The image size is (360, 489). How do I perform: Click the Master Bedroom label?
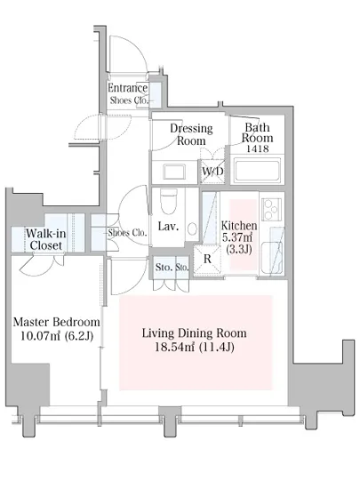pos(56,322)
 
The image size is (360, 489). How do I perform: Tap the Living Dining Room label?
pos(194,333)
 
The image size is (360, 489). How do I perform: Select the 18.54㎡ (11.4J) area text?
pos(195,347)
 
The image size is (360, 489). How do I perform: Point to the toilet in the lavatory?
pos(168,201)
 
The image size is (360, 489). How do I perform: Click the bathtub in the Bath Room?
pos(257,170)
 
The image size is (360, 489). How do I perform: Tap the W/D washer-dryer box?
pos(212,172)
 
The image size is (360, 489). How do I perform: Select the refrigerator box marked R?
pos(207,260)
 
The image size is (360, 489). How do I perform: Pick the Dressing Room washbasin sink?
pos(174,172)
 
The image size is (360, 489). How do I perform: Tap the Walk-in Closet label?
pos(46,239)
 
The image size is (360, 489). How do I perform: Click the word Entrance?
pos(127,88)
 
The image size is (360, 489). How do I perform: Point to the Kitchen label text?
pos(239,226)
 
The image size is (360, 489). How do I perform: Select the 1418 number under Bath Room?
pos(258,148)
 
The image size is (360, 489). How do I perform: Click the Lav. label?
pos(168,227)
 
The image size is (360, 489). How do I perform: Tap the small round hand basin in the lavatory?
pos(192,228)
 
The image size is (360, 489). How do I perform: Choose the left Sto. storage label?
pos(164,268)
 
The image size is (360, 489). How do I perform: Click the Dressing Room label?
pos(191,134)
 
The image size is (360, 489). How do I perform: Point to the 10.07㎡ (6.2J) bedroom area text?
pos(57,336)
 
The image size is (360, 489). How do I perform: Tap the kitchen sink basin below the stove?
pos(271,258)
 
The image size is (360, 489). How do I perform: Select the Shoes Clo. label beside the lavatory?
pos(127,233)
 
